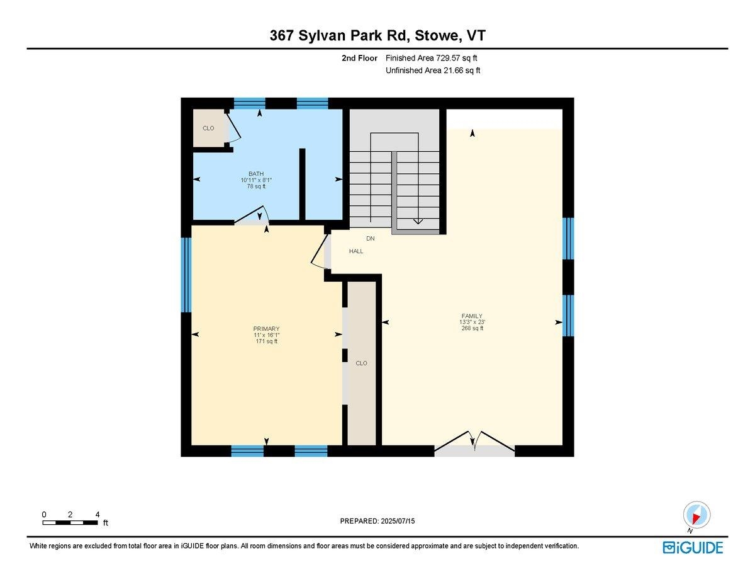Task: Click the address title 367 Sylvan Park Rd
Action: [x=377, y=37]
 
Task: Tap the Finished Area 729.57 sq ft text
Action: [x=435, y=58]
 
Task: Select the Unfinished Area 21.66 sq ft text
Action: [x=433, y=71]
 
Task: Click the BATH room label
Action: [x=256, y=174]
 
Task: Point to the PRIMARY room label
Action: [x=266, y=329]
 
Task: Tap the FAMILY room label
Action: [x=471, y=316]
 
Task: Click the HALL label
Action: [x=356, y=251]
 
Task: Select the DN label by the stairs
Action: [x=371, y=239]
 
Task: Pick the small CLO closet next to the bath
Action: [x=208, y=129]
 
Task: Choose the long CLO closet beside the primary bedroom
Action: [x=361, y=363]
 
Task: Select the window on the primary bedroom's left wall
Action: [x=186, y=275]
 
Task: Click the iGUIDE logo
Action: [x=693, y=547]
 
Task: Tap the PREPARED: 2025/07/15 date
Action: [x=378, y=521]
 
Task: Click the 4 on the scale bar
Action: [x=98, y=514]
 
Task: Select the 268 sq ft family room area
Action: [x=471, y=328]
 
